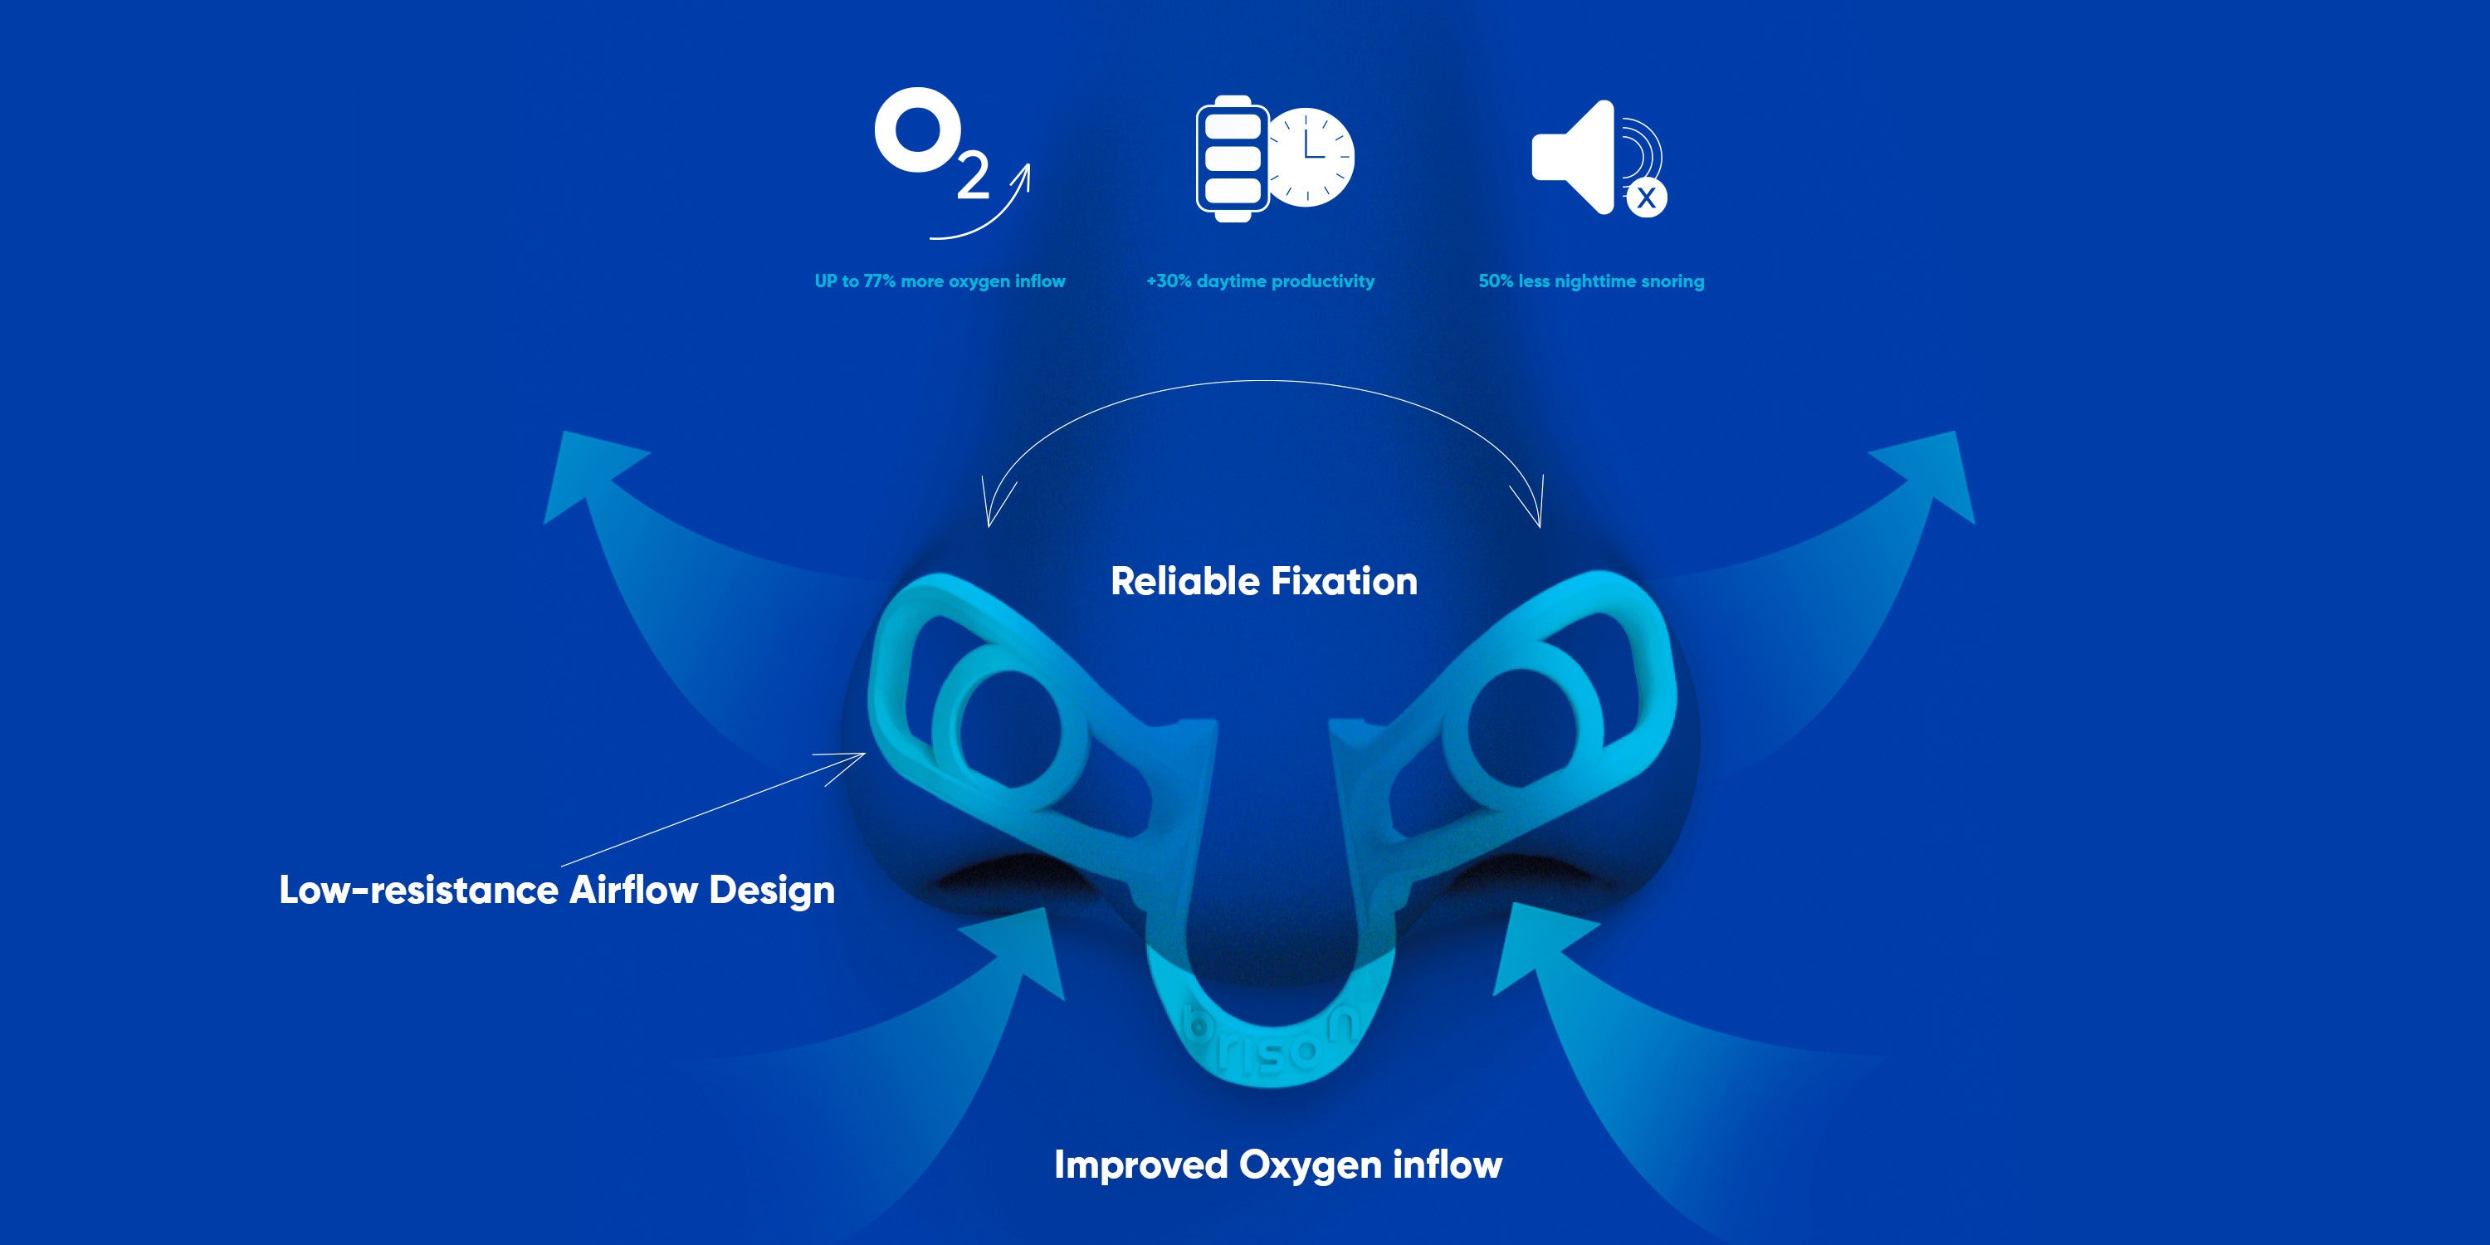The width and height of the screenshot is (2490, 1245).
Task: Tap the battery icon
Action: (x=1233, y=159)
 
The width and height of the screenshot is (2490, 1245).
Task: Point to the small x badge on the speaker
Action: (x=1646, y=198)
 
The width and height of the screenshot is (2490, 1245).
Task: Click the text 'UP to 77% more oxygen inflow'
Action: (x=940, y=281)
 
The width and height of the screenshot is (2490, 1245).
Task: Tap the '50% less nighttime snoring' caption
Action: (x=1591, y=281)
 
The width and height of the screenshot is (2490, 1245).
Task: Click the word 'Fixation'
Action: (x=1344, y=581)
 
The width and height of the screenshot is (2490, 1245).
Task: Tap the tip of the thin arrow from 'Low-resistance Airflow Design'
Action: (x=866, y=754)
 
